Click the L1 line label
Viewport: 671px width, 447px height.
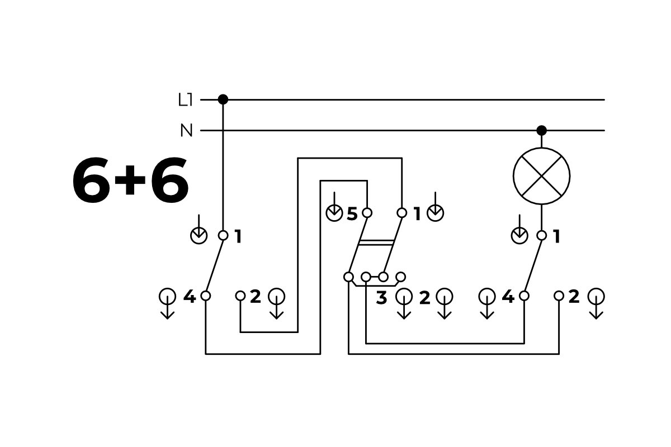[x=185, y=101]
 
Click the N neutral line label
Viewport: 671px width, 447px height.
[x=186, y=131]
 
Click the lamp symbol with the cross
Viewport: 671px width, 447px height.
[x=541, y=175]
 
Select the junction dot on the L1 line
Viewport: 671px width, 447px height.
[x=223, y=99]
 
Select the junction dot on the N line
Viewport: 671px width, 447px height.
[x=541, y=131]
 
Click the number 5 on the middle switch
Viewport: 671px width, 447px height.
[x=352, y=213]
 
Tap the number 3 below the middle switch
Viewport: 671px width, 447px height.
[x=381, y=298]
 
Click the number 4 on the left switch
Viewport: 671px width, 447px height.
[x=190, y=297]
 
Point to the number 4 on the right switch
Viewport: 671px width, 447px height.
[x=508, y=297]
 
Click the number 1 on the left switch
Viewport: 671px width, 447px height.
[x=238, y=237]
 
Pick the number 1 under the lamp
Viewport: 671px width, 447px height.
[x=556, y=237]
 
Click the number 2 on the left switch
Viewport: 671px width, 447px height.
[x=255, y=297]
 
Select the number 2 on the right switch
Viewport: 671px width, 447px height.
[x=574, y=297]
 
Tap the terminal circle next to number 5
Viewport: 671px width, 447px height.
[x=367, y=213]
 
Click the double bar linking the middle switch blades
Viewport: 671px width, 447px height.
[x=376, y=242]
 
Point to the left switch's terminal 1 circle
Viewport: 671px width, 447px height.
[x=223, y=236]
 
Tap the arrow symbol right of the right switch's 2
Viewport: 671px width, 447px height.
[x=597, y=302]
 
